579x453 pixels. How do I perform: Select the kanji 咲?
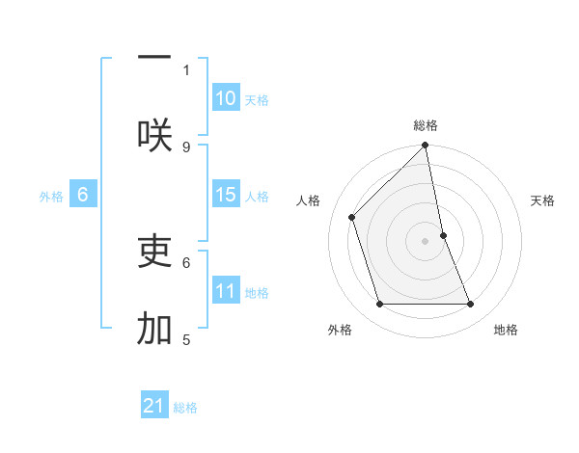154,136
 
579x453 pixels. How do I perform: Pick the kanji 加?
154,329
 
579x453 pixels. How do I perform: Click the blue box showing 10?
226,98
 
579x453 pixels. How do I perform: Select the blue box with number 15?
226,195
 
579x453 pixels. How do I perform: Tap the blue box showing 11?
226,291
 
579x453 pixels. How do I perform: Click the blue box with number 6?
83,195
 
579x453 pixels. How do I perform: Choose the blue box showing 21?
154,407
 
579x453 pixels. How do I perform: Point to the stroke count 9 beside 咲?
186,147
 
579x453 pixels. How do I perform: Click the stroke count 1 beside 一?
186,69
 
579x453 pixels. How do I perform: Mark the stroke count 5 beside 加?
186,339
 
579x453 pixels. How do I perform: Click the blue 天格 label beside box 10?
257,99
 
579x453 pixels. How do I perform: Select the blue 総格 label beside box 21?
185,408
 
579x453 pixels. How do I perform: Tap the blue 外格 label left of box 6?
51,197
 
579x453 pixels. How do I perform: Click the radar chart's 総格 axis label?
426,125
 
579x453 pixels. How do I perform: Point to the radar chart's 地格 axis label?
506,330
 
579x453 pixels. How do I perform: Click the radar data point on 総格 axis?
426,146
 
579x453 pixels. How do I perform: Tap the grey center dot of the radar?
426,241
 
